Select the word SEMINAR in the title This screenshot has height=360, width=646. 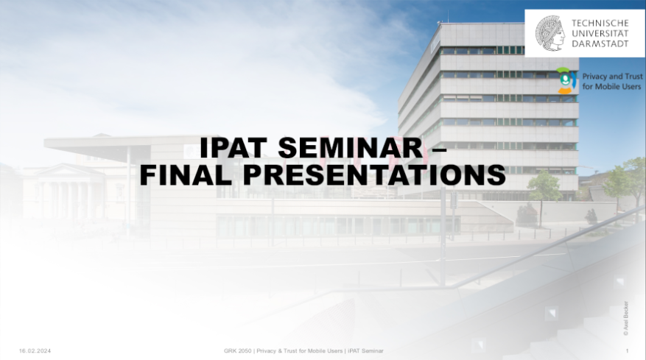pyautogui.click(x=351, y=147)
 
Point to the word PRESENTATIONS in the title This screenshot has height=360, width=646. pyautogui.click(x=374, y=174)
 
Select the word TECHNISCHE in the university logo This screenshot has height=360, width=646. pyautogui.click(x=600, y=23)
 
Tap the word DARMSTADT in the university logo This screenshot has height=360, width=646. pyautogui.click(x=600, y=43)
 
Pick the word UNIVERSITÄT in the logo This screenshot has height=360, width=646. pyautogui.click(x=600, y=33)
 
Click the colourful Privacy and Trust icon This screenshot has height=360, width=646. pyautogui.click(x=566, y=80)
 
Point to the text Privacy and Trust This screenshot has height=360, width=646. pyautogui.click(x=612, y=77)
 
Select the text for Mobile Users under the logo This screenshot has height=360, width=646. pyautogui.click(x=611, y=86)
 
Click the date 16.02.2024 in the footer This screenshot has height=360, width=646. pyautogui.click(x=35, y=351)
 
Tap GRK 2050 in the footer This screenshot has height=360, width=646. pyautogui.click(x=237, y=351)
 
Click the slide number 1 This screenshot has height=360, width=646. pyautogui.click(x=627, y=351)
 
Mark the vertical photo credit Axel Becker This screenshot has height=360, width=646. pyautogui.click(x=626, y=318)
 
